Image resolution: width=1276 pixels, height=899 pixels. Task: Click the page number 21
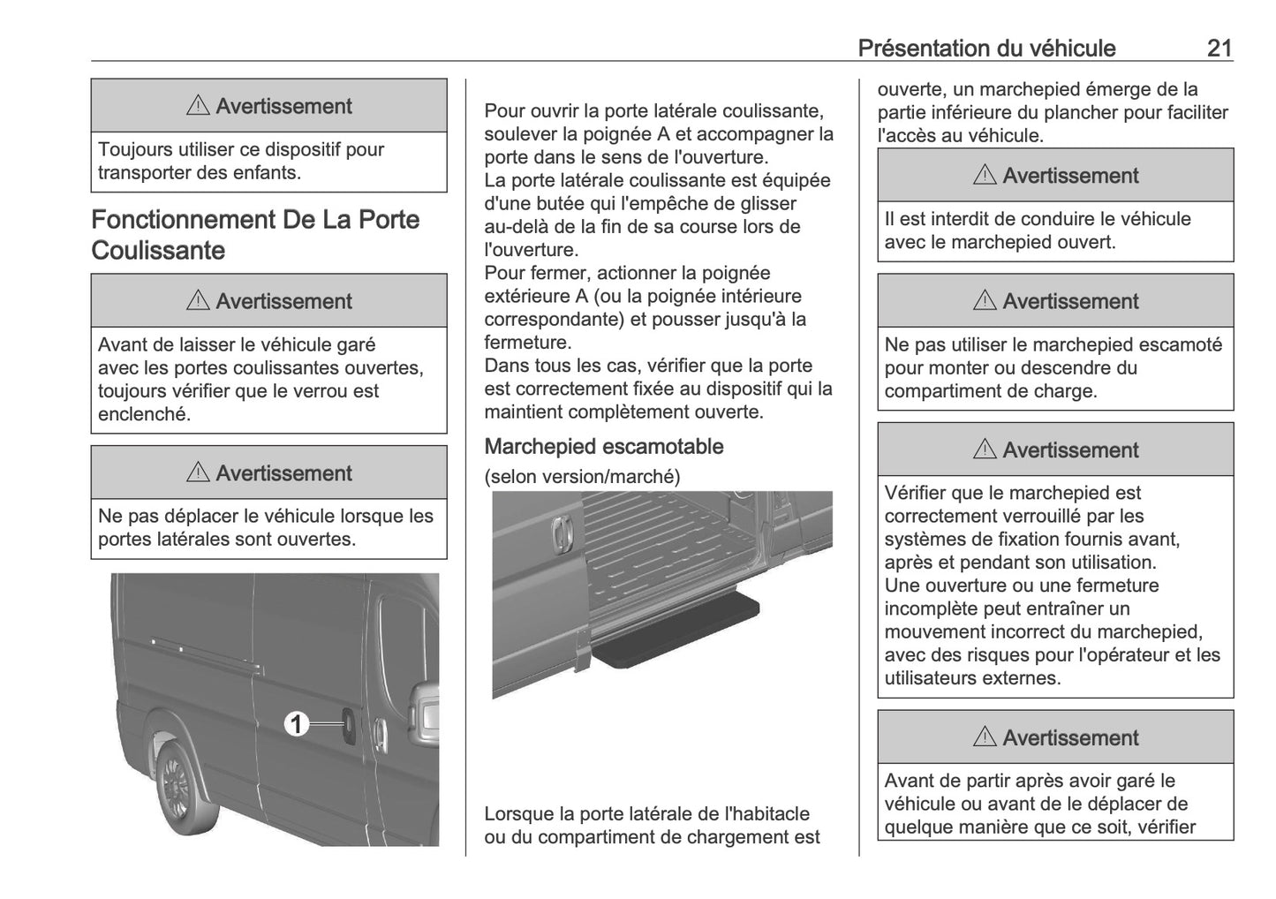click(x=1219, y=48)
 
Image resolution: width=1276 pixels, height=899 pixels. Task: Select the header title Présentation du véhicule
click(x=985, y=48)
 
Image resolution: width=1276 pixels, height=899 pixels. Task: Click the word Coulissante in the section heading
click(x=158, y=251)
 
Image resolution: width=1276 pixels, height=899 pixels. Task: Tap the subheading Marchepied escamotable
click(x=603, y=447)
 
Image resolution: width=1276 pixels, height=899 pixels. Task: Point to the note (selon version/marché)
click(x=582, y=477)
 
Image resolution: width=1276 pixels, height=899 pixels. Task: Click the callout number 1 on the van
click(x=297, y=725)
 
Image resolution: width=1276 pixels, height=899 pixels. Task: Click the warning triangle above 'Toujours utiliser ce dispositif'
click(x=198, y=106)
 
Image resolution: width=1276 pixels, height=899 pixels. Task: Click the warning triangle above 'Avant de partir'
click(x=985, y=737)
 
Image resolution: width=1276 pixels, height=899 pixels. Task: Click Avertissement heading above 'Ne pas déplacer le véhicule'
click(x=283, y=473)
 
